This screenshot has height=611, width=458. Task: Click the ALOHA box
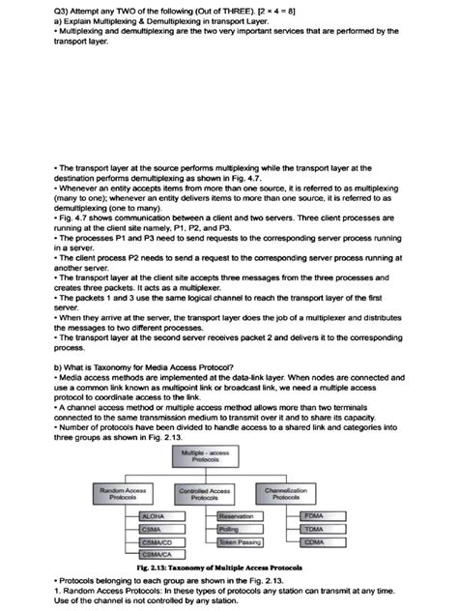tap(157, 517)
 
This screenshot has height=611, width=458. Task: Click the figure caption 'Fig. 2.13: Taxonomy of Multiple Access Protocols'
tap(227, 567)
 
